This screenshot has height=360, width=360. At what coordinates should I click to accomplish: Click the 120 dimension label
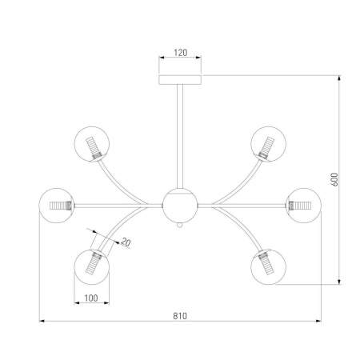(181, 53)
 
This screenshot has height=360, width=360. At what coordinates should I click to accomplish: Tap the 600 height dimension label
(334, 179)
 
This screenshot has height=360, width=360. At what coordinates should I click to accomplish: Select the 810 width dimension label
(180, 316)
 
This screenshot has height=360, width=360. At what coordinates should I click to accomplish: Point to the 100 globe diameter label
(91, 298)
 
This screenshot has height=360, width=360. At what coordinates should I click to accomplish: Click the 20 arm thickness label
(126, 242)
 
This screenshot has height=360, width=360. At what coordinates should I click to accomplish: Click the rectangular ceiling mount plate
(180, 80)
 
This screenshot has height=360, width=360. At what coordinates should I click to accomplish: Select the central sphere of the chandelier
(180, 206)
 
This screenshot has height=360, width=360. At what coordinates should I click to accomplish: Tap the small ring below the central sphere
(180, 226)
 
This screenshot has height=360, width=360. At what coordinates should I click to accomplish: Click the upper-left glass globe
(92, 144)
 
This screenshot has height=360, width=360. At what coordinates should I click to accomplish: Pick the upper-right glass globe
(268, 144)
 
